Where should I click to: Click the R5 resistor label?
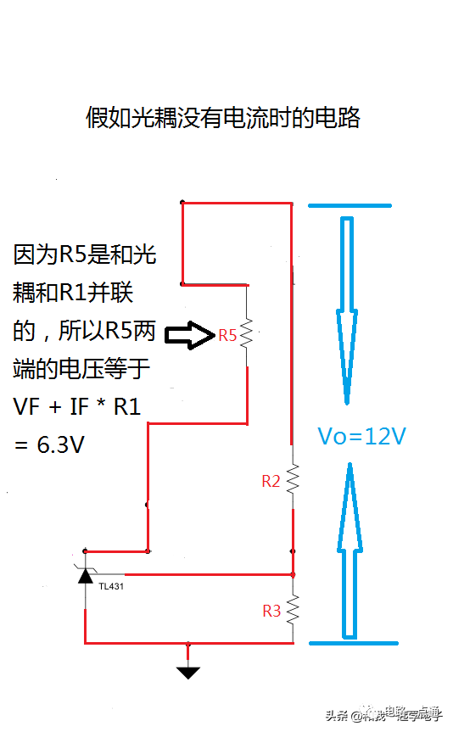[x=227, y=335]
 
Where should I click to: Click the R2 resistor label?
[x=271, y=481]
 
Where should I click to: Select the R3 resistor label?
[x=271, y=611]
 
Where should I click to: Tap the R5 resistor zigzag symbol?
[x=247, y=333]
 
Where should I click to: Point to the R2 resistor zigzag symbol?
[x=293, y=480]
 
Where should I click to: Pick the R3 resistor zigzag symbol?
[x=293, y=609]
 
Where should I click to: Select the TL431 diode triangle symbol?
[x=85, y=576]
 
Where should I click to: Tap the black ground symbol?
[x=188, y=672]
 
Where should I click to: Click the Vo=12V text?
[x=361, y=436]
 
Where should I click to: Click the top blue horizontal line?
[x=350, y=206]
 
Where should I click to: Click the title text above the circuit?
[x=223, y=118]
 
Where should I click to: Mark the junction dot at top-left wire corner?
[x=182, y=203]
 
